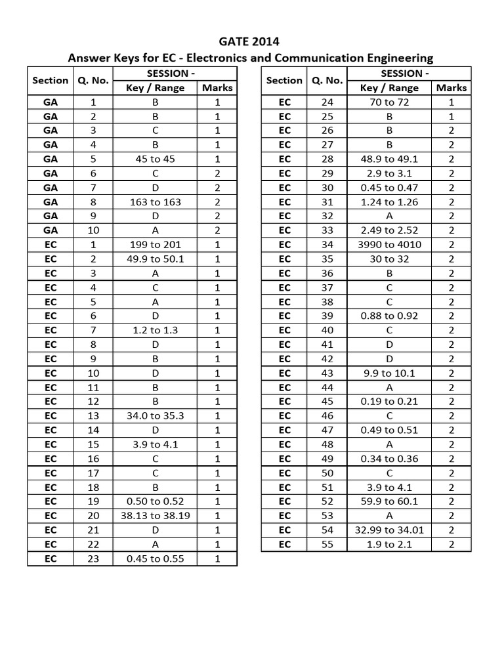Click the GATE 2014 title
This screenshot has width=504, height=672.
tap(252, 43)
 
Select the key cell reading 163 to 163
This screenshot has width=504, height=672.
tap(155, 201)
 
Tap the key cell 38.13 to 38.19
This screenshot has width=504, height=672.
tap(155, 516)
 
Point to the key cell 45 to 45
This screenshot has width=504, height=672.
tap(155, 159)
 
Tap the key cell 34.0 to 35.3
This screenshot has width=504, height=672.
tap(155, 415)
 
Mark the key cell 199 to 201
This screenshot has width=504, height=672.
tap(155, 245)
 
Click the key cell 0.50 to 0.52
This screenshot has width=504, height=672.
tap(155, 502)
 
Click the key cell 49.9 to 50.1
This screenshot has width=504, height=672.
tap(155, 259)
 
